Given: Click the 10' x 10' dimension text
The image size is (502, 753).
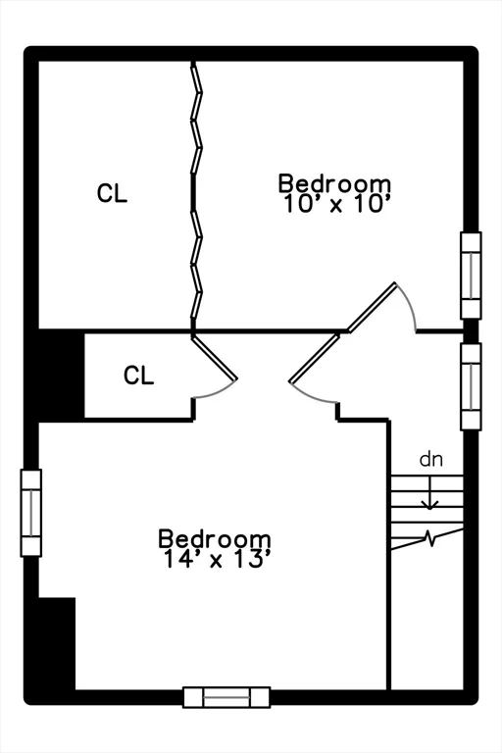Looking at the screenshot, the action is [x=335, y=204].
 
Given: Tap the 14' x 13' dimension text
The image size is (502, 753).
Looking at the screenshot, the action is [x=215, y=559].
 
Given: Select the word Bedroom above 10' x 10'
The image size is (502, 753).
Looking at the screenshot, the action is [x=334, y=184].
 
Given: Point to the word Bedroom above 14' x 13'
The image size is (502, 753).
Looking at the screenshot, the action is [x=215, y=538].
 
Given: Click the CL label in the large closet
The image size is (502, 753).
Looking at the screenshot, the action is [x=112, y=193].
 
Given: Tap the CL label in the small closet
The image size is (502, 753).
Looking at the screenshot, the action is [x=138, y=376].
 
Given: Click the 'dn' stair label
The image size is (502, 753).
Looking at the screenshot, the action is [x=430, y=459].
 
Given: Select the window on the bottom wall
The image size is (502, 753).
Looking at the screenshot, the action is [x=226, y=697].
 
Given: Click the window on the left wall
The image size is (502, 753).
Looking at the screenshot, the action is [x=31, y=513].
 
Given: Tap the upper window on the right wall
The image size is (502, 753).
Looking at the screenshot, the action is [x=471, y=276].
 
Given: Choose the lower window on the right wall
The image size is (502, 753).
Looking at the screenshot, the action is [x=471, y=386].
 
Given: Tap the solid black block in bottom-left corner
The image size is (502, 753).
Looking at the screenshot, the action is [x=57, y=643].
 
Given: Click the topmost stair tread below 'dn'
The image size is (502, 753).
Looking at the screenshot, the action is [x=427, y=476].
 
